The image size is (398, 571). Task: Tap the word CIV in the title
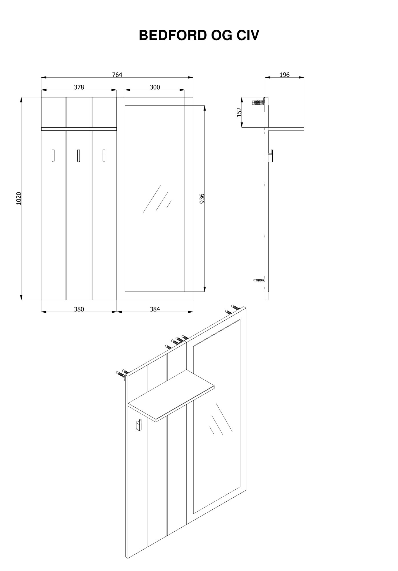click(248, 36)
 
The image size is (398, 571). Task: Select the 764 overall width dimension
click(117, 75)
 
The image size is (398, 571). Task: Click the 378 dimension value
click(79, 87)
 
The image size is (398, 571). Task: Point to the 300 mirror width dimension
click(155, 87)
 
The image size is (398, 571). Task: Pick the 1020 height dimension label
click(19, 198)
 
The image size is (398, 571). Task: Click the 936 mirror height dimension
click(202, 198)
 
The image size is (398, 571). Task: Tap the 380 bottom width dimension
click(79, 309)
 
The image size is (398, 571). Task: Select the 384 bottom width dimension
click(155, 309)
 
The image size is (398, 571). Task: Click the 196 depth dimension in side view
click(284, 75)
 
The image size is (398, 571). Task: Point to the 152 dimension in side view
click(239, 112)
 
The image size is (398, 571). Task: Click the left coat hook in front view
click(53, 156)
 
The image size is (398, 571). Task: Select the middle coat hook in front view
click(78, 156)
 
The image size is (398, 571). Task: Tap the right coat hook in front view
click(104, 156)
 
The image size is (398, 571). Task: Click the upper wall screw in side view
click(258, 102)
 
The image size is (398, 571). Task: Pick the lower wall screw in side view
click(259, 280)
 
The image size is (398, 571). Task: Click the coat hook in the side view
click(271, 156)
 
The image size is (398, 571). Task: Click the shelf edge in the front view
click(79, 129)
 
